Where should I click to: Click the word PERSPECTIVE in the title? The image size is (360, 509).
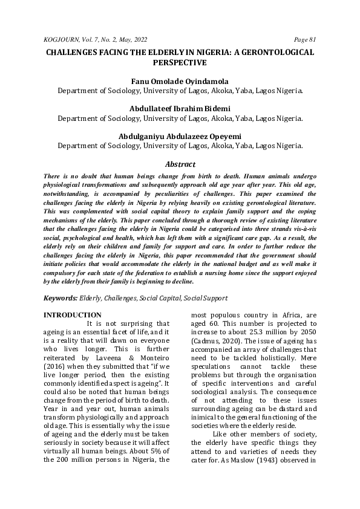pyautogui.click(x=180, y=62)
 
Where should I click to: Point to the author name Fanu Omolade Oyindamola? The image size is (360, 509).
pyautogui.click(x=180, y=81)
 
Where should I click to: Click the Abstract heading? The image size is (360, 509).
pyautogui.click(x=180, y=164)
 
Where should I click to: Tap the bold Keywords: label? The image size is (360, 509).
pyautogui.click(x=61, y=298)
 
